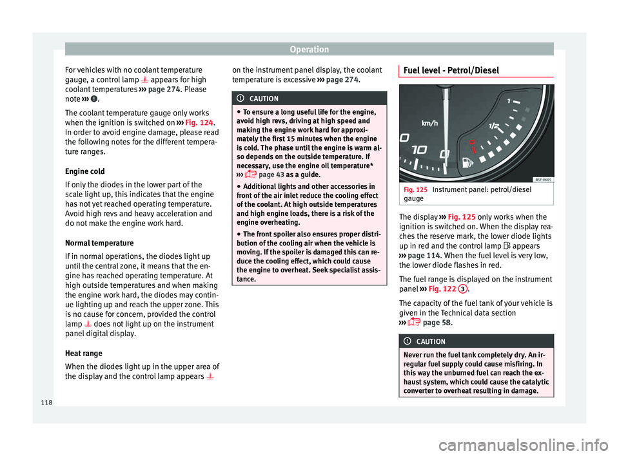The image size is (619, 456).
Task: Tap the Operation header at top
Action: [x=309, y=49]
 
